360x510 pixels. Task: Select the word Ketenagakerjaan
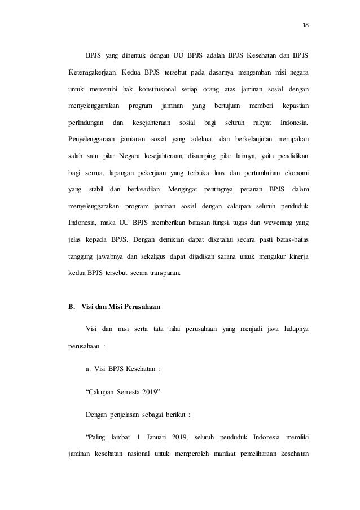coord(87,72)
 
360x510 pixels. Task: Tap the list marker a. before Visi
coord(88,370)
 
